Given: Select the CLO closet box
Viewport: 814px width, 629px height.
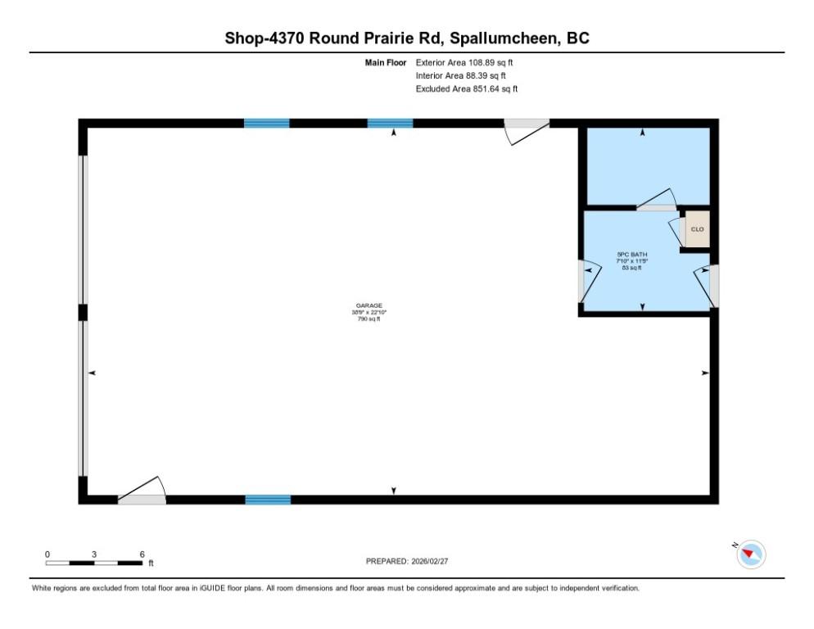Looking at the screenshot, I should click(x=697, y=229).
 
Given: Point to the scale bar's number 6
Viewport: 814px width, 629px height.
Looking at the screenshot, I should click(x=142, y=554).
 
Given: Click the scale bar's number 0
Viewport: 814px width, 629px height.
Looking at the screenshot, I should click(x=47, y=554).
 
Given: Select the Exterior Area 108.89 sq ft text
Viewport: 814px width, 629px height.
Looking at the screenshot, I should click(x=464, y=62).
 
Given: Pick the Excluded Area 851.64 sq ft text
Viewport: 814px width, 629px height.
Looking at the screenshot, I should click(x=467, y=88).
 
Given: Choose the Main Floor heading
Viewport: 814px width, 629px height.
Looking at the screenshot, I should click(x=386, y=62).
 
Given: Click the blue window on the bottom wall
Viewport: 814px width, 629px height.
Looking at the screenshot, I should click(x=268, y=500).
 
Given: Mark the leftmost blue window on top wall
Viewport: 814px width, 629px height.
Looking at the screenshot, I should click(x=267, y=124).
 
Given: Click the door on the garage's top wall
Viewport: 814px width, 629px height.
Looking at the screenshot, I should click(x=525, y=129).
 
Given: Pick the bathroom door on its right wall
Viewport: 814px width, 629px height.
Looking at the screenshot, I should click(x=705, y=283).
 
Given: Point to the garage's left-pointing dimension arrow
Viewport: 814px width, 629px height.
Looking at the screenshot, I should click(x=92, y=373).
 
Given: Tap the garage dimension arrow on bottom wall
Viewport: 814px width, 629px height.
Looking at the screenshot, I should click(x=394, y=491).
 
